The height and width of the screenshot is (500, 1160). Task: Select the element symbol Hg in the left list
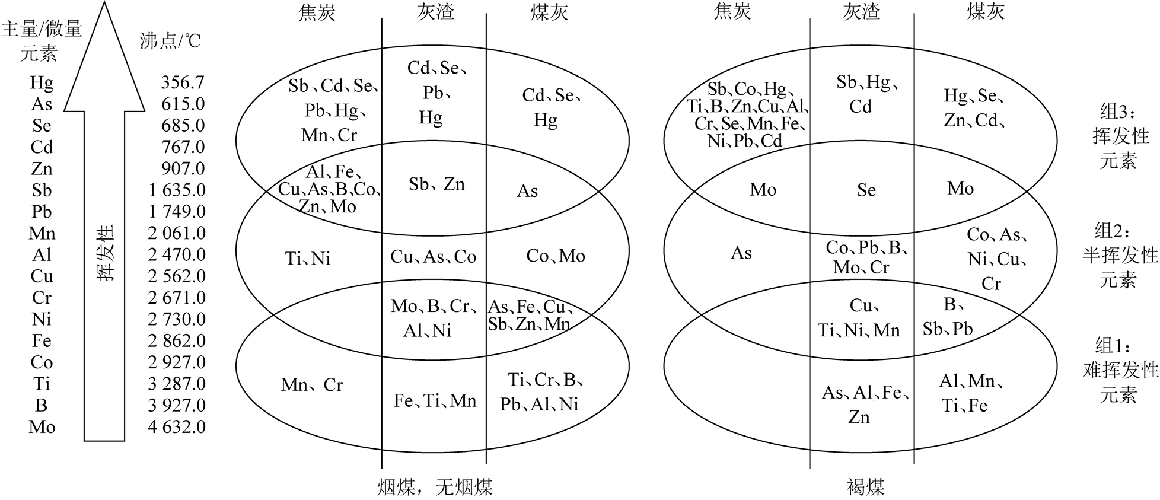click(42, 82)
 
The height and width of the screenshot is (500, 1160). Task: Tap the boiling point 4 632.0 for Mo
click(177, 426)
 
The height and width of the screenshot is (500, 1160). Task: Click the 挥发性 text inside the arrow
click(105, 253)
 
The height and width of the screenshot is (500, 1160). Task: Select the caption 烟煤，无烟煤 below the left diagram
click(435, 487)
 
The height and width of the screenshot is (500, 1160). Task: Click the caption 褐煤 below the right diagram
click(866, 487)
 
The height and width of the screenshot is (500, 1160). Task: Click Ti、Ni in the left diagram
click(308, 258)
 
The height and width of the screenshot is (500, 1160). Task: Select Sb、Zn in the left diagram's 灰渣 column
click(436, 184)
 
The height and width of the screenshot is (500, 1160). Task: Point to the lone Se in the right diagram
click(866, 190)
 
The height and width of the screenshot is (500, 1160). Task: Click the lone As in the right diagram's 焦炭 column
click(741, 253)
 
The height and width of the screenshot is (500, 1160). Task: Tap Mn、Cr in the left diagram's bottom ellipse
click(312, 385)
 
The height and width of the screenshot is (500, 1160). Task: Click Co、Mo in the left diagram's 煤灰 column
click(556, 256)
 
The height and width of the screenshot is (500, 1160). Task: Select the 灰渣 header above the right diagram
click(861, 12)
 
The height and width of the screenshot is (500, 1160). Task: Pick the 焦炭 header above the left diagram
click(317, 12)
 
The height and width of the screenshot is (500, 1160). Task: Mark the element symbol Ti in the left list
click(42, 384)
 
